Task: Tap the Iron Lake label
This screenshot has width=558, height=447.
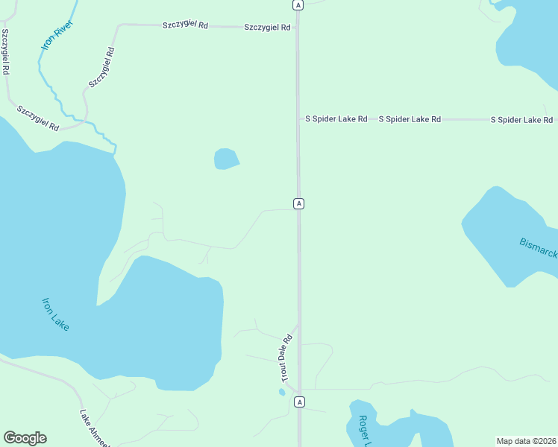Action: pyautogui.click(x=55, y=314)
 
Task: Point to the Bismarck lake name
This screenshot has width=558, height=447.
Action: pyautogui.click(x=538, y=248)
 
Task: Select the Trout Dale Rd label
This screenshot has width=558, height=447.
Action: pyautogui.click(x=286, y=358)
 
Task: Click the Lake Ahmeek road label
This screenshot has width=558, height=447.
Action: pyautogui.click(x=95, y=428)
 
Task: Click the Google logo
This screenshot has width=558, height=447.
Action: pyautogui.click(x=25, y=438)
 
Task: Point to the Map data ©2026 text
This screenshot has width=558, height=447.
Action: pyautogui.click(x=527, y=440)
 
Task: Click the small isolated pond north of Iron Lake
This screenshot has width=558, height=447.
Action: pyautogui.click(x=226, y=159)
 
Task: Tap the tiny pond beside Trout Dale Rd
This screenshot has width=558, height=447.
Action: pyautogui.click(x=282, y=392)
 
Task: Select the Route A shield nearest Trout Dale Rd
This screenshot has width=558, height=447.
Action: pyautogui.click(x=299, y=402)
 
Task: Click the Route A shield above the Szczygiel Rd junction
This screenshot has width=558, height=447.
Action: pyautogui.click(x=298, y=4)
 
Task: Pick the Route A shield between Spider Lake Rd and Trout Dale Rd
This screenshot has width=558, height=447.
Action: pyautogui.click(x=298, y=203)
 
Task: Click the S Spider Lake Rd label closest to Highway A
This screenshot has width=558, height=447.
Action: pyautogui.click(x=336, y=119)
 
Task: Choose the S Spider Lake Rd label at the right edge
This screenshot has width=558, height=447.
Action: pyautogui.click(x=521, y=119)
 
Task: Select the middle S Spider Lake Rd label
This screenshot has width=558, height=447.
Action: pyautogui.click(x=410, y=119)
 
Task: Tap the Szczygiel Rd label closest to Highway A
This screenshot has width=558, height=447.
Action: pyautogui.click(x=267, y=28)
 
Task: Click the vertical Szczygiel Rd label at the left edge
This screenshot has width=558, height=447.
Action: pyautogui.click(x=5, y=51)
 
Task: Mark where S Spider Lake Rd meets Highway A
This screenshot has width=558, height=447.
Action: pyautogui.click(x=298, y=119)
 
